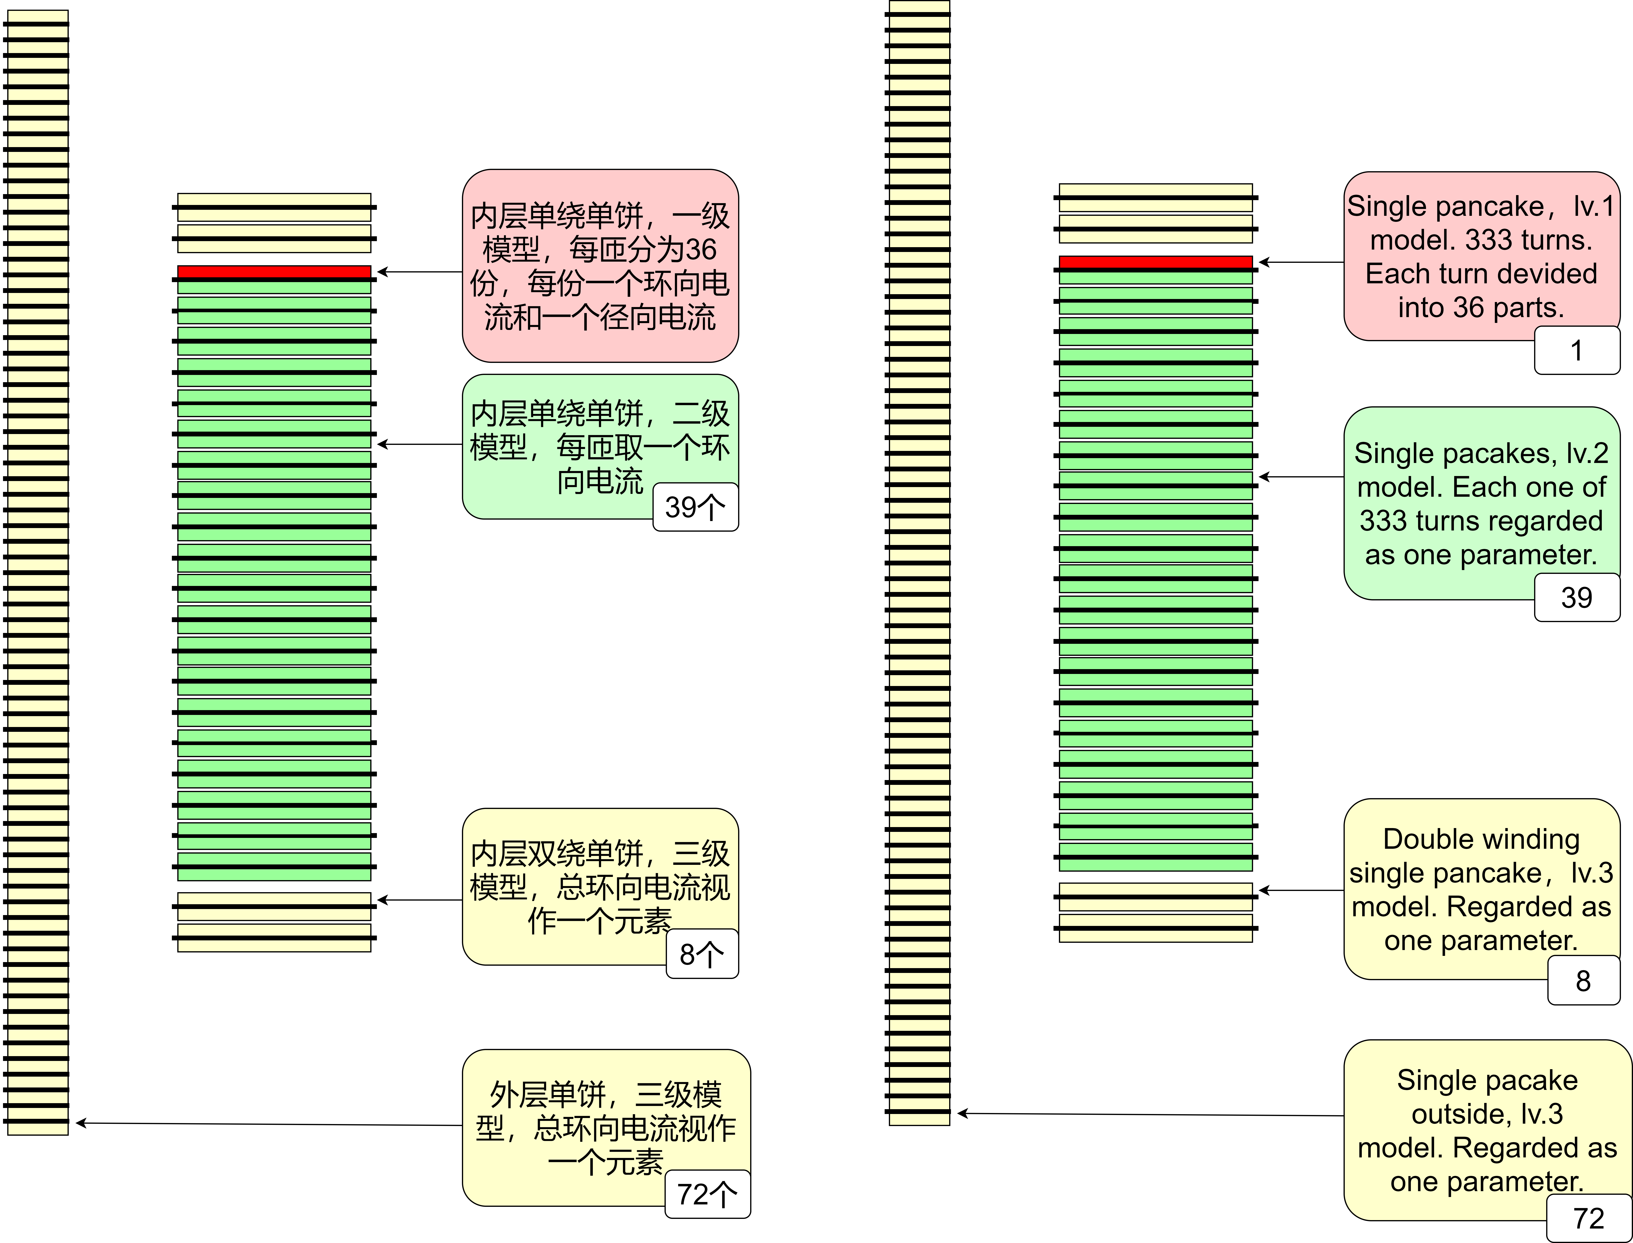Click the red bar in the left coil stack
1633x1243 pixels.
click(x=274, y=271)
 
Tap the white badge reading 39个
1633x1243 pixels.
click(x=695, y=507)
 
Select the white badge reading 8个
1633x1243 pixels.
click(x=702, y=954)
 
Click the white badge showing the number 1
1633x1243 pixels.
click(x=1577, y=350)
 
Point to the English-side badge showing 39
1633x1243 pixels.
click(x=1577, y=597)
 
